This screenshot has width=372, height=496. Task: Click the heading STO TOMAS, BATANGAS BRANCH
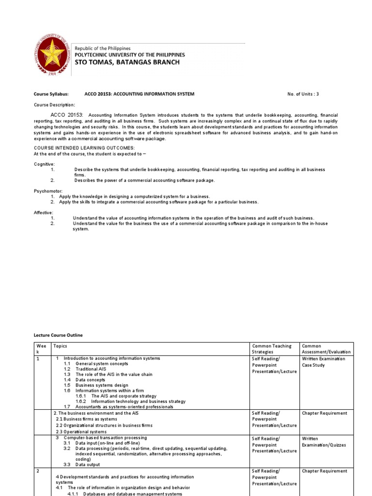point(126,62)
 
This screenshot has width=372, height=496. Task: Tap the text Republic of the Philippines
point(102,48)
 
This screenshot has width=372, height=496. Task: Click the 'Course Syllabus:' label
point(51,94)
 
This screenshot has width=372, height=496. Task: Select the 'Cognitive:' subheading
point(44,164)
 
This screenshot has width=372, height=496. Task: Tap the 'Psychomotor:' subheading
point(47,191)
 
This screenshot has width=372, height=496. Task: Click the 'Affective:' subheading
point(44,213)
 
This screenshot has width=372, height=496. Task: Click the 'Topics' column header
point(61,346)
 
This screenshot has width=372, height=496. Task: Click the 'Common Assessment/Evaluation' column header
point(326,349)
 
